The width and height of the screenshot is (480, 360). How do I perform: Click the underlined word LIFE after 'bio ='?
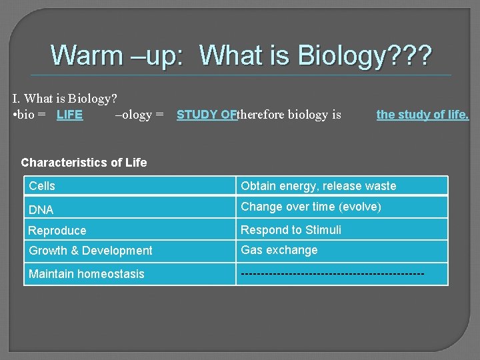[69, 115]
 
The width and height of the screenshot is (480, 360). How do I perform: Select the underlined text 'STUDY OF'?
[207, 115]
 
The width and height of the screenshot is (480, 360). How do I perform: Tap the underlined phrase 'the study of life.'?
[423, 115]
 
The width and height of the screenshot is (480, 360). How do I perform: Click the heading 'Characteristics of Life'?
[84, 162]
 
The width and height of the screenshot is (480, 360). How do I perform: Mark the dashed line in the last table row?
[332, 274]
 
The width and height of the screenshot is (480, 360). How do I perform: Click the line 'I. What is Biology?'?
[65, 99]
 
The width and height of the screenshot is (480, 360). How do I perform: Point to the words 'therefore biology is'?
[289, 115]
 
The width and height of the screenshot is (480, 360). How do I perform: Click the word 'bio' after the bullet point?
[28, 115]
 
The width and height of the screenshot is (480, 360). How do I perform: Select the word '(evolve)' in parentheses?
[360, 207]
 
